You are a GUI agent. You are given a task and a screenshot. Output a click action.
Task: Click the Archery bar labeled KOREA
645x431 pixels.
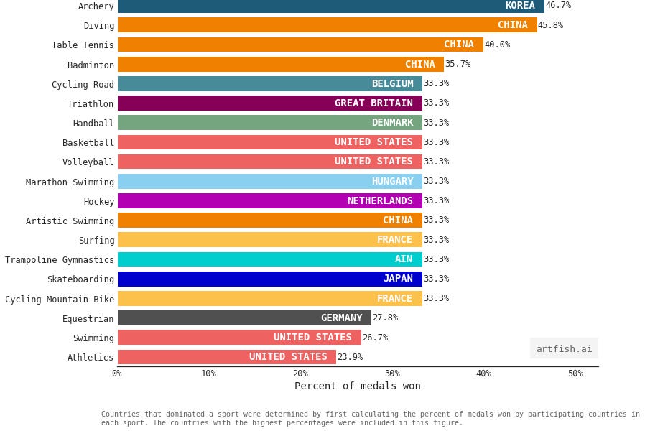[x=330, y=6]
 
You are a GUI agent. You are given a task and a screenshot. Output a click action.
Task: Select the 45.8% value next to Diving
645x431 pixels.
[x=550, y=25]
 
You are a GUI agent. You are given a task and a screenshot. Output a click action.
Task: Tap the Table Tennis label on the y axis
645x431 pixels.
[x=83, y=45]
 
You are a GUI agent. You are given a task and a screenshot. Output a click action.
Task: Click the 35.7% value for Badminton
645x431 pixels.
[x=458, y=64]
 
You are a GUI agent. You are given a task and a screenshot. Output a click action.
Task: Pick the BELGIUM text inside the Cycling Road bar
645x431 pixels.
[x=392, y=84]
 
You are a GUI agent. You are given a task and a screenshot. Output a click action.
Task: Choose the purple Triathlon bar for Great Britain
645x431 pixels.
[x=269, y=103]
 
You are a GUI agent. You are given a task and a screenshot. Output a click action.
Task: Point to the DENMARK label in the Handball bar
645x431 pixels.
[x=392, y=123]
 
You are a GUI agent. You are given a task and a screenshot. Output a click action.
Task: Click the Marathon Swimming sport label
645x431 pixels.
[x=70, y=182]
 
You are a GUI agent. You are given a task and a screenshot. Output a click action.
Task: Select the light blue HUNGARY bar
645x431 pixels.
[x=269, y=182]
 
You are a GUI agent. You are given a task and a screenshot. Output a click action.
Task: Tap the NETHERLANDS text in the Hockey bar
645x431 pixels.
[x=380, y=201]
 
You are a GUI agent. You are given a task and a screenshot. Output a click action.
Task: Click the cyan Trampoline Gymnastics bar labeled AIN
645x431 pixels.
[x=269, y=259]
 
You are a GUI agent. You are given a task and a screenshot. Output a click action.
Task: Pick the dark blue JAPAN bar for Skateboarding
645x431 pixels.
[x=269, y=279]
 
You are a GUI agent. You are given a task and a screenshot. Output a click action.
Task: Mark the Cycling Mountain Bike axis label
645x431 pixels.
[x=60, y=299]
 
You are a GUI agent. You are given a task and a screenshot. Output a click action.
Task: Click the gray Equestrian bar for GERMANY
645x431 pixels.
[x=244, y=318]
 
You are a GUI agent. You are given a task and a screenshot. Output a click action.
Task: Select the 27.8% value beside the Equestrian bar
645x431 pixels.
[x=385, y=318]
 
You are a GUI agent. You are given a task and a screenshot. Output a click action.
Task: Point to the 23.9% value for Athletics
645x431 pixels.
[x=350, y=357]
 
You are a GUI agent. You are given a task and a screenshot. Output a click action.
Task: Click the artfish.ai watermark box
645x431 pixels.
[x=564, y=348]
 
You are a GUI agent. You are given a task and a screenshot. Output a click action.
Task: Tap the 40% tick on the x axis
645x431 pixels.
[x=483, y=374]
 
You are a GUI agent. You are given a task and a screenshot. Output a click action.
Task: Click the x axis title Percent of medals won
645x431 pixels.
[x=357, y=386]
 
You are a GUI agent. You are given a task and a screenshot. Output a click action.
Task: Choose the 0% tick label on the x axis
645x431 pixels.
[x=117, y=374]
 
